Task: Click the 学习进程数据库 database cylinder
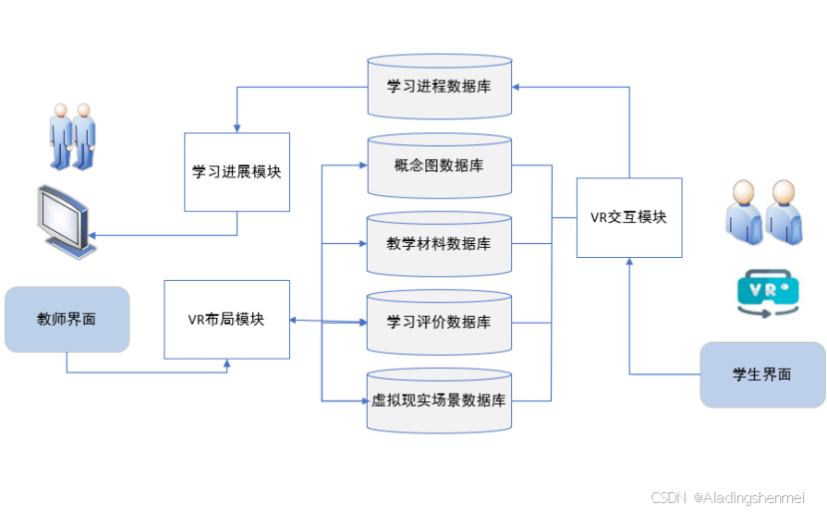pyautogui.click(x=438, y=88)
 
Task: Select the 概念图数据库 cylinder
pyautogui.click(x=438, y=165)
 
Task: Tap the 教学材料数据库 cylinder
pyautogui.click(x=438, y=243)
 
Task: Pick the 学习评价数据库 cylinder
pyautogui.click(x=438, y=322)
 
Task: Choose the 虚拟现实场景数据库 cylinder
pyautogui.click(x=438, y=400)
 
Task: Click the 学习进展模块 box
pyautogui.click(x=237, y=171)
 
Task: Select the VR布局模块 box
pyautogui.click(x=226, y=320)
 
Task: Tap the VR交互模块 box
pyautogui.click(x=630, y=217)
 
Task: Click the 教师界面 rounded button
pyautogui.click(x=67, y=320)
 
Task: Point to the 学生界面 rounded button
pyautogui.click(x=762, y=375)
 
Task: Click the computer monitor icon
pyautogui.click(x=62, y=219)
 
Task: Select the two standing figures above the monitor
pyautogui.click(x=73, y=135)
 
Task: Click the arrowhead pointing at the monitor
pyautogui.click(x=91, y=235)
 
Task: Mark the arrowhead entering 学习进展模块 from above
pyautogui.click(x=237, y=129)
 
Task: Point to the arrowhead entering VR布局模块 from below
pyautogui.click(x=226, y=364)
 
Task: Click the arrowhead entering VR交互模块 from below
pyautogui.click(x=630, y=261)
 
